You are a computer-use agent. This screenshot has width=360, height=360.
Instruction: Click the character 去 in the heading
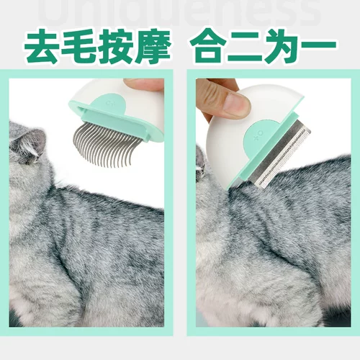tap(42, 45)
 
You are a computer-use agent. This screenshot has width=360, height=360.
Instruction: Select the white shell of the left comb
tap(122, 94)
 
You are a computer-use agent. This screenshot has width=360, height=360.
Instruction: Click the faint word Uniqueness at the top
tap(179, 10)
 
